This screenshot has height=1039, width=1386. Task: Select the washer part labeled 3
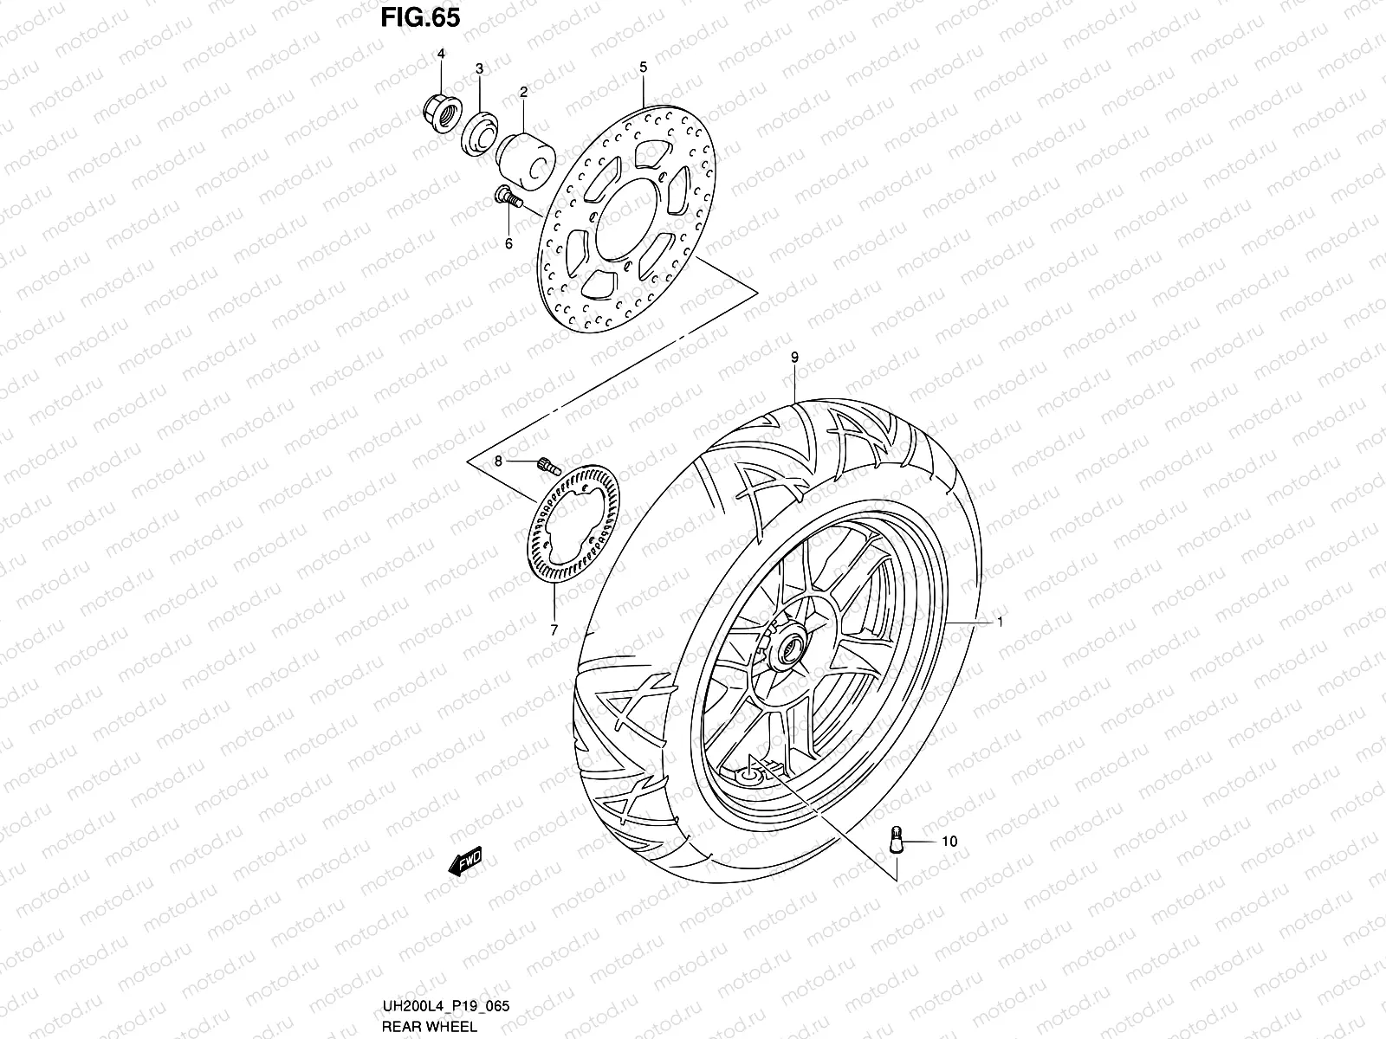click(479, 135)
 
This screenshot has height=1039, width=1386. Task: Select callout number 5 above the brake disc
click(644, 67)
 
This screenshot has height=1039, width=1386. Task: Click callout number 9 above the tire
click(793, 358)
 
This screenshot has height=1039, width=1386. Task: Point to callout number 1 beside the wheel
click(1000, 622)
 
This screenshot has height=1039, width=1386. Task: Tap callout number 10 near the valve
click(949, 841)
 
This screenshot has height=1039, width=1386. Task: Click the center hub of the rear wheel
click(790, 648)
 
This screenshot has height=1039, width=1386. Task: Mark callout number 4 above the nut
click(440, 55)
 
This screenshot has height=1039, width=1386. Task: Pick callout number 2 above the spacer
click(523, 91)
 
